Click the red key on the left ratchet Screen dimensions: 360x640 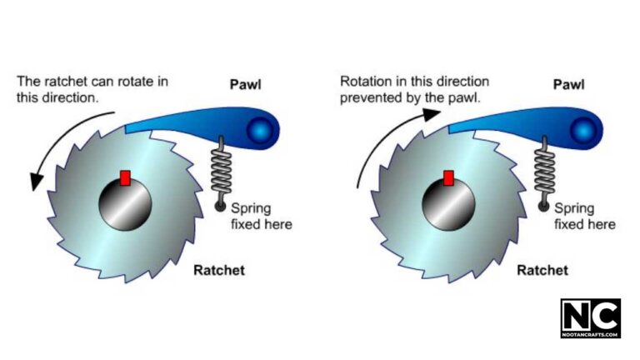[x=126, y=177]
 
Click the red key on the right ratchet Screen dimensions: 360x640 [x=448, y=177]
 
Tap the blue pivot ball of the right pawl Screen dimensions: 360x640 [x=587, y=129]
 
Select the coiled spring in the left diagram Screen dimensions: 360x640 [x=222, y=167]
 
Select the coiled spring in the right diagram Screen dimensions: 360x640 [x=546, y=167]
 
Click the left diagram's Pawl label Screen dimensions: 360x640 [x=246, y=84]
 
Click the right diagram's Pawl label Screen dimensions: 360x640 [x=569, y=84]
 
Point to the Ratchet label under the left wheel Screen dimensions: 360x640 [x=218, y=270]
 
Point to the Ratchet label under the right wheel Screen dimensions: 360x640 [x=542, y=270]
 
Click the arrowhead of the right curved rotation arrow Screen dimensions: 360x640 [x=430, y=115]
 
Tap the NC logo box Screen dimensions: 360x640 [x=590, y=318]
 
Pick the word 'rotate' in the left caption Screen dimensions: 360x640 [x=129, y=82]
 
